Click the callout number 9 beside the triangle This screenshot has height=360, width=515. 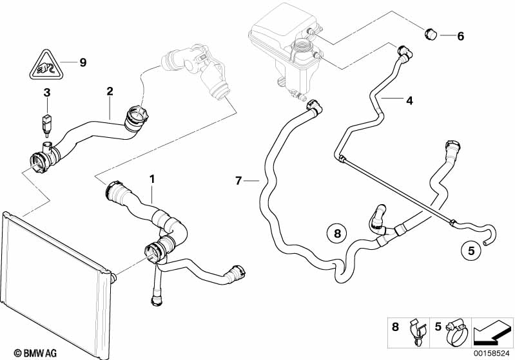(x=83, y=62)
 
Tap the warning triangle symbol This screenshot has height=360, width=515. (x=46, y=64)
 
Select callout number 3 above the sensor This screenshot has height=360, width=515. (x=46, y=94)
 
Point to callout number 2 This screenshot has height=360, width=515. (x=110, y=91)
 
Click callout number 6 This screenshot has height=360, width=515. (x=460, y=36)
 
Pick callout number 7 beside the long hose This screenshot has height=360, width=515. (x=238, y=181)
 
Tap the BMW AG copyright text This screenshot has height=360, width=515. (x=22, y=353)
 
